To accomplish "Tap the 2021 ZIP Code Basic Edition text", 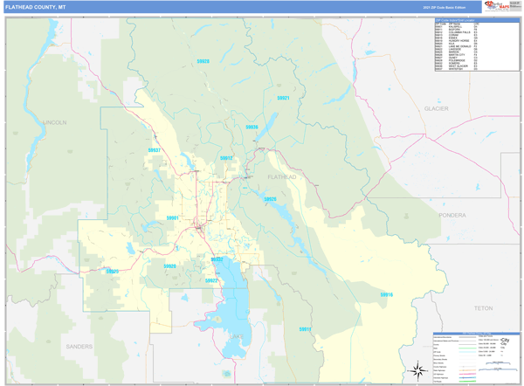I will pos(440,6).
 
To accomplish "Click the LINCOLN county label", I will pos(53,123).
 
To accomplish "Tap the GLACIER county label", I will pos(435,108).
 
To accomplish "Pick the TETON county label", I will pos(482,308).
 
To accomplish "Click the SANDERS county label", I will pos(79,346).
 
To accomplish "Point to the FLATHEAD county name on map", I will pos(281,177).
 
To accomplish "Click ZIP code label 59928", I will pos(203,61).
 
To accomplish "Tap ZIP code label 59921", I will pos(282,98).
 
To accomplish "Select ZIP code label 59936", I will pos(252,128).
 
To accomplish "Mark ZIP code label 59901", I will pos(172,217).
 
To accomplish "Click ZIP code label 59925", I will pos(112,272).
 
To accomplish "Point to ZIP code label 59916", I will pos(386,295).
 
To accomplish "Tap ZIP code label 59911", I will pos(305,328).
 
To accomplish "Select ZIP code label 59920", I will pos(169,265).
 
